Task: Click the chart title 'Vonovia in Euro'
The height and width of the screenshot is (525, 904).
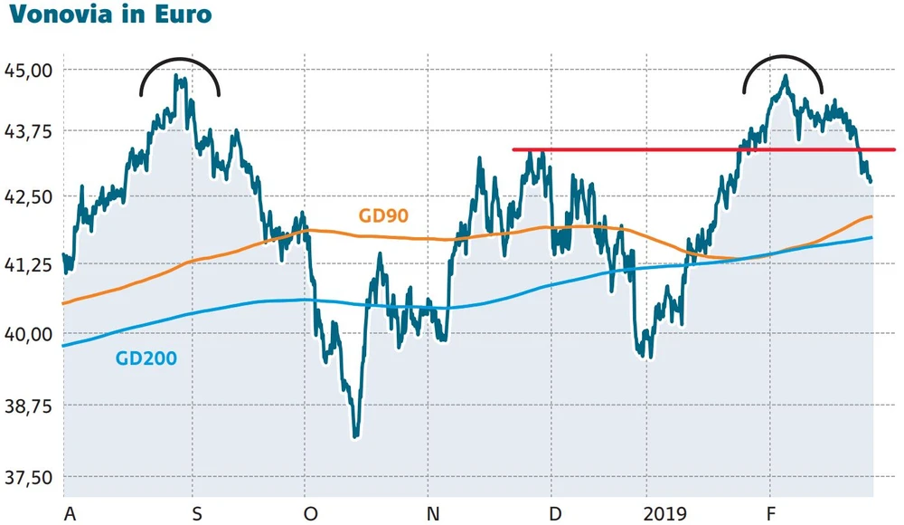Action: coord(110,16)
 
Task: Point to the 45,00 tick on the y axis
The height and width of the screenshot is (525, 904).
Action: coord(30,70)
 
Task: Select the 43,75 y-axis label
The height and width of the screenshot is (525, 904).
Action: coord(30,131)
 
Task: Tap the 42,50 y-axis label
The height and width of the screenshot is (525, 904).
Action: coord(30,196)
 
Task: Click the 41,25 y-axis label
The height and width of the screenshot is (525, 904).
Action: coord(30,265)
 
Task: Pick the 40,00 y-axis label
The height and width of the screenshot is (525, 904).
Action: coord(30,334)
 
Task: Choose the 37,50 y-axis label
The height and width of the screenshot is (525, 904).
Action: coord(30,477)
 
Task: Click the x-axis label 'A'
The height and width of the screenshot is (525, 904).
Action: coord(70,514)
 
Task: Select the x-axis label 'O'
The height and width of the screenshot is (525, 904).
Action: coord(311,514)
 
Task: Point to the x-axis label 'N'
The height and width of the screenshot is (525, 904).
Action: coord(434,514)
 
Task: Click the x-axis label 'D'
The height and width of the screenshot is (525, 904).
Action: coord(555,514)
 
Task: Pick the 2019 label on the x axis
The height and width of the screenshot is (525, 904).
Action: coord(666,514)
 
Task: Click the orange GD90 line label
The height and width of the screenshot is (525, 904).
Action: coord(383,215)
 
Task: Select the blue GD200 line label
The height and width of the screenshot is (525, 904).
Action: coord(146,358)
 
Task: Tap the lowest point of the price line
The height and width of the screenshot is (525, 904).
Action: coord(356,436)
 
